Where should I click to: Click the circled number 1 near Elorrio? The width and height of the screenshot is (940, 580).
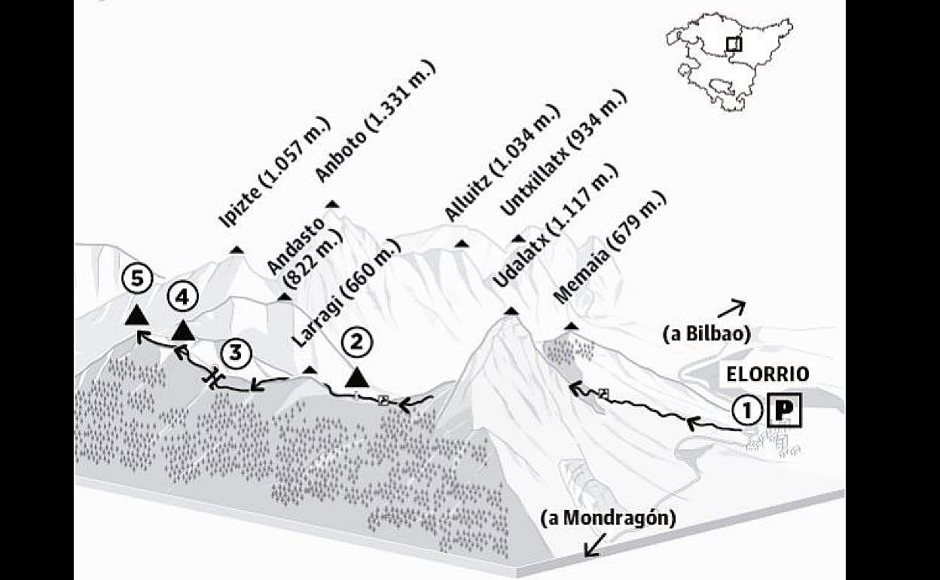click(746, 411)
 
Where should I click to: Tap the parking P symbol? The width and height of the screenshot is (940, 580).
click(783, 411)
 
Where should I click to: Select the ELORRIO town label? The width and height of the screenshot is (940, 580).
click(768, 374)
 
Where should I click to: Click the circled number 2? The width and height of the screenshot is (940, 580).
click(356, 342)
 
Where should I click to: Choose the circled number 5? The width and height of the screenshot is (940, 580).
click(136, 279)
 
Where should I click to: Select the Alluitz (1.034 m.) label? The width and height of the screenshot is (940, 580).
click(502, 163)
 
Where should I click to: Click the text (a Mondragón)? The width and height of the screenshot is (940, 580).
click(609, 518)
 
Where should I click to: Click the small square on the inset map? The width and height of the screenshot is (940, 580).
click(733, 44)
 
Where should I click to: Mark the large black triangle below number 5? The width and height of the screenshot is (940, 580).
click(136, 314)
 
